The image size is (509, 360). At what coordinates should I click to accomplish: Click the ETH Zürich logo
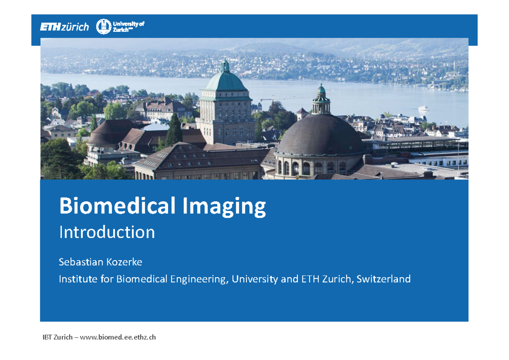tap(64, 27)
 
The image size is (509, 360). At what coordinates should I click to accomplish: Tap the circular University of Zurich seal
tap(103, 27)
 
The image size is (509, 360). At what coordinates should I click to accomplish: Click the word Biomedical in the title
tap(117, 207)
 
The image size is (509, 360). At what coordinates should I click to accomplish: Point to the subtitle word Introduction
tap(107, 232)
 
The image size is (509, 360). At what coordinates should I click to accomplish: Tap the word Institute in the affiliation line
tap(75, 279)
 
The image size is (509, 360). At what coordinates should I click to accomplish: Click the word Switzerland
tap(383, 279)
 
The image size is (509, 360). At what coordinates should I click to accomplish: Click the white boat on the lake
tap(423, 108)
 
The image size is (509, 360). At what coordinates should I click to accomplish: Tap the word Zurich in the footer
tap(63, 337)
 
